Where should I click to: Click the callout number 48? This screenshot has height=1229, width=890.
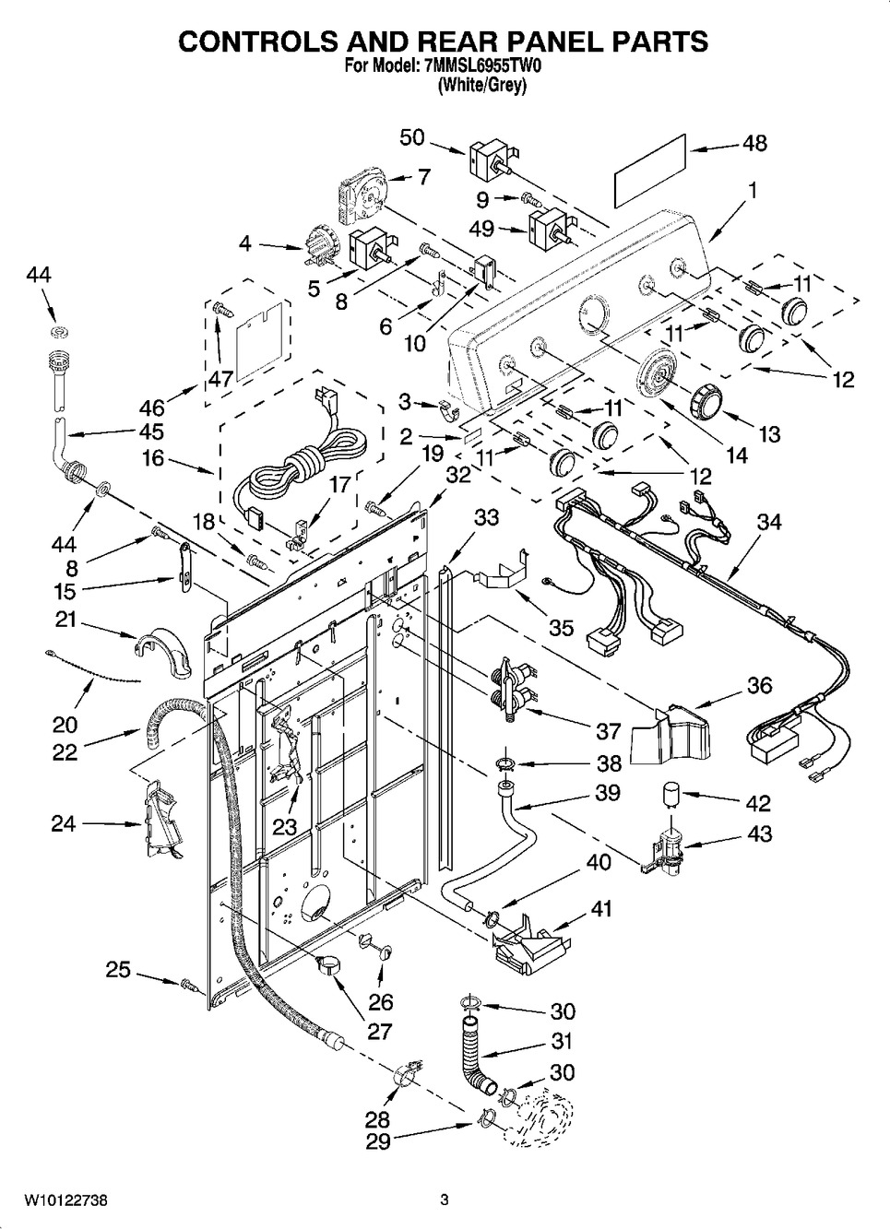click(x=754, y=144)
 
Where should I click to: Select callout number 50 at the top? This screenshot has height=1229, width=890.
click(x=412, y=137)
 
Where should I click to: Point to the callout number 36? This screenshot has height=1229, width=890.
click(x=759, y=686)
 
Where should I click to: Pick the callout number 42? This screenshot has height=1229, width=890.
click(x=758, y=803)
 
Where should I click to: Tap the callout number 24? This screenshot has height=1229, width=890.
click(x=63, y=822)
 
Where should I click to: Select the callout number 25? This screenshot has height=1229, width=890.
click(x=118, y=970)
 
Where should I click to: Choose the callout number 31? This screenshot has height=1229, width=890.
click(x=561, y=1041)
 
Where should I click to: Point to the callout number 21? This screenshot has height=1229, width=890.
click(x=65, y=620)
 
